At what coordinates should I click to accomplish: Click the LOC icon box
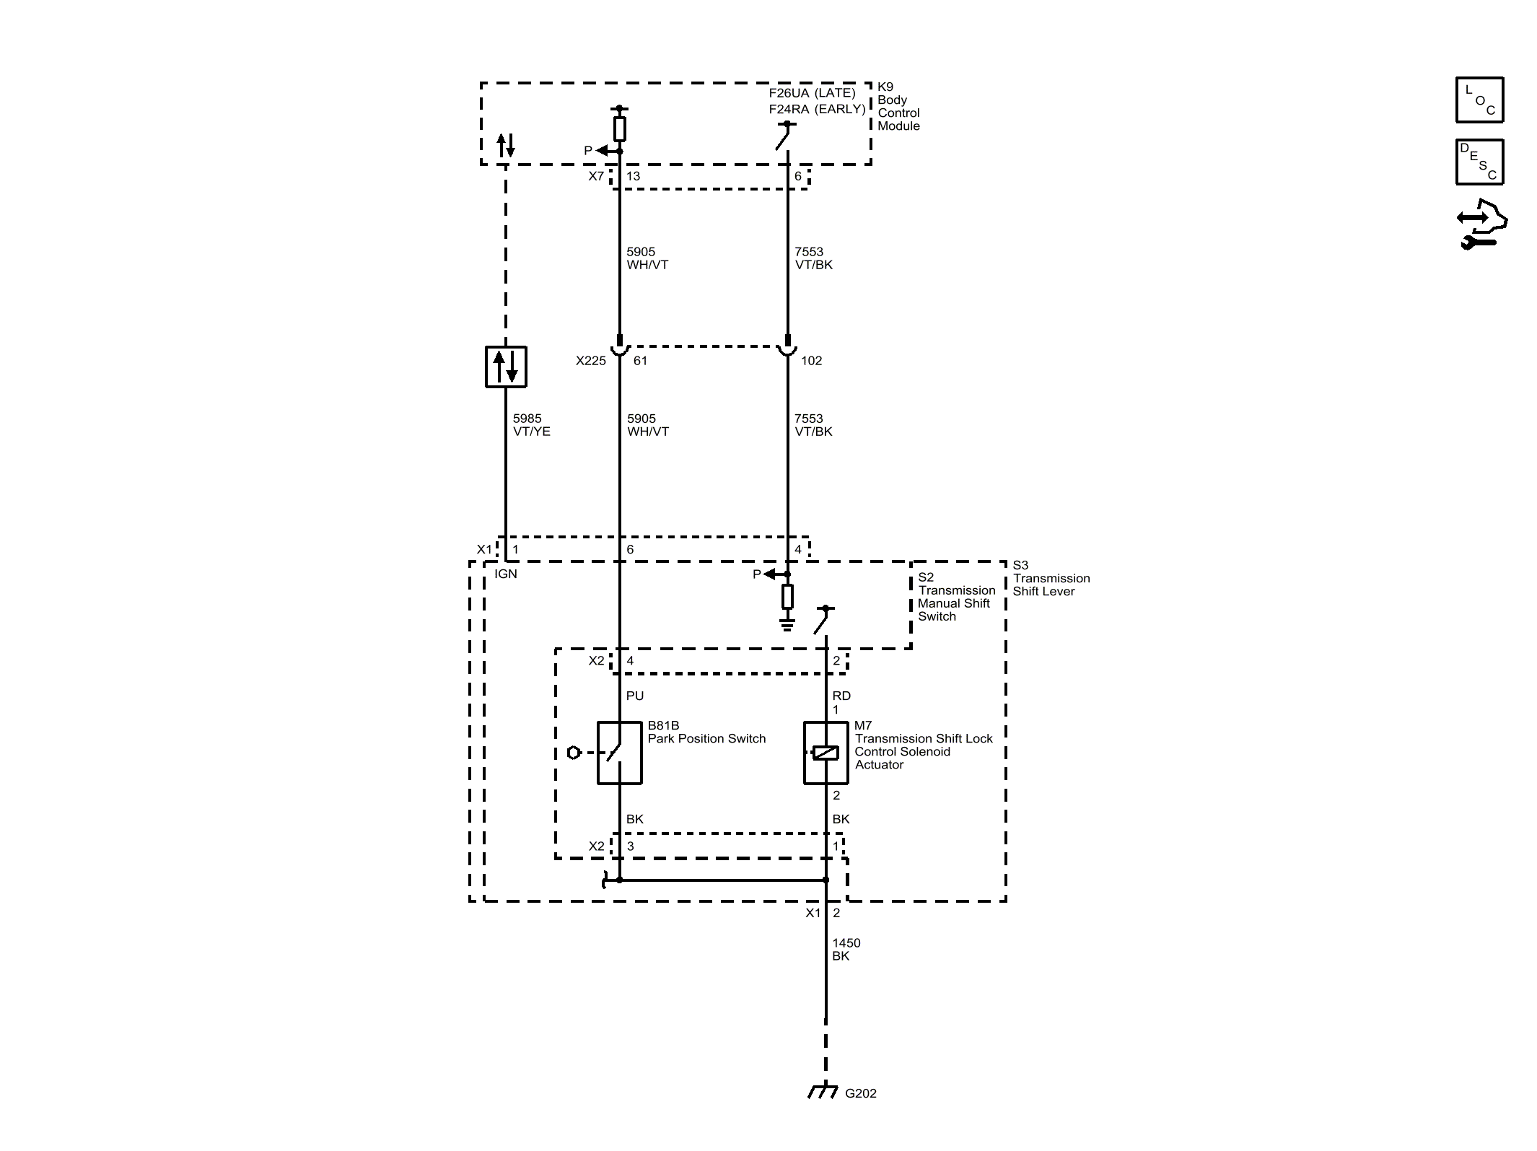(1479, 100)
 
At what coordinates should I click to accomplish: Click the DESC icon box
(1479, 162)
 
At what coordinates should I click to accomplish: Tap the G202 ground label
(860, 1093)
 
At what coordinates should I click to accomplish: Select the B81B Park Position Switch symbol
(619, 753)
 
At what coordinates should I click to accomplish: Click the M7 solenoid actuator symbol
(826, 753)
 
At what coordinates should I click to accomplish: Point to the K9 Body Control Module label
(898, 107)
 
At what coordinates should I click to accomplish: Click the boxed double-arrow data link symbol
(506, 367)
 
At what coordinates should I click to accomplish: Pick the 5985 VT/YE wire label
(531, 425)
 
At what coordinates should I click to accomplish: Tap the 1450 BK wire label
(846, 949)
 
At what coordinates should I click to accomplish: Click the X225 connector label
(590, 361)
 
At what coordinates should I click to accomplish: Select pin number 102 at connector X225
(811, 361)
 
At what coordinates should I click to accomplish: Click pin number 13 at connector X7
(633, 176)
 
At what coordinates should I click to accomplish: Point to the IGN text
(506, 574)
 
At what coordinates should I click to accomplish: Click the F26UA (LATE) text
(812, 93)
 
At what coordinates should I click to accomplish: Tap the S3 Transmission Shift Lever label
(1051, 578)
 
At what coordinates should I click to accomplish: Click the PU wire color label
(635, 696)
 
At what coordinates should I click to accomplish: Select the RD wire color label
(841, 696)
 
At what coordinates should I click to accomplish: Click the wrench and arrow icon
(1481, 224)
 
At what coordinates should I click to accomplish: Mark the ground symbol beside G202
(822, 1093)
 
